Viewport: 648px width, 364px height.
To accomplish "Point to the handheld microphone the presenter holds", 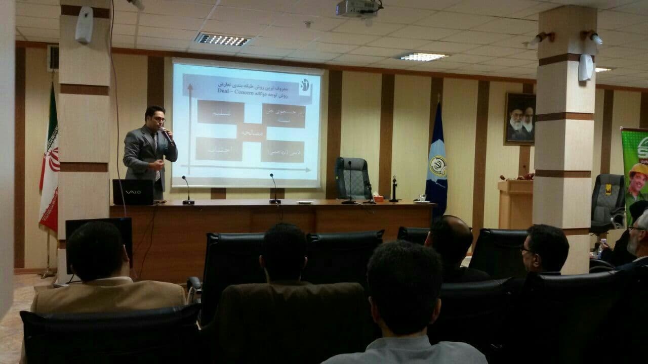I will (x=167, y=135).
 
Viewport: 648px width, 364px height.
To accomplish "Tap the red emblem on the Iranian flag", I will (x=53, y=159).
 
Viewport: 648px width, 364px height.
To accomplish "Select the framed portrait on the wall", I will (x=519, y=118).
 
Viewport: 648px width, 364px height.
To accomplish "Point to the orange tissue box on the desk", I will (x=378, y=199).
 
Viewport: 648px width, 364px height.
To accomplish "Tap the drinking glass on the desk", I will (x=422, y=198).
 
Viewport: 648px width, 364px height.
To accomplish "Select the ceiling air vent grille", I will (x=223, y=39).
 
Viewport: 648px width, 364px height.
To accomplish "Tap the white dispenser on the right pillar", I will (x=586, y=67).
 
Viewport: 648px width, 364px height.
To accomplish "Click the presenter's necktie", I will (x=156, y=152).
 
